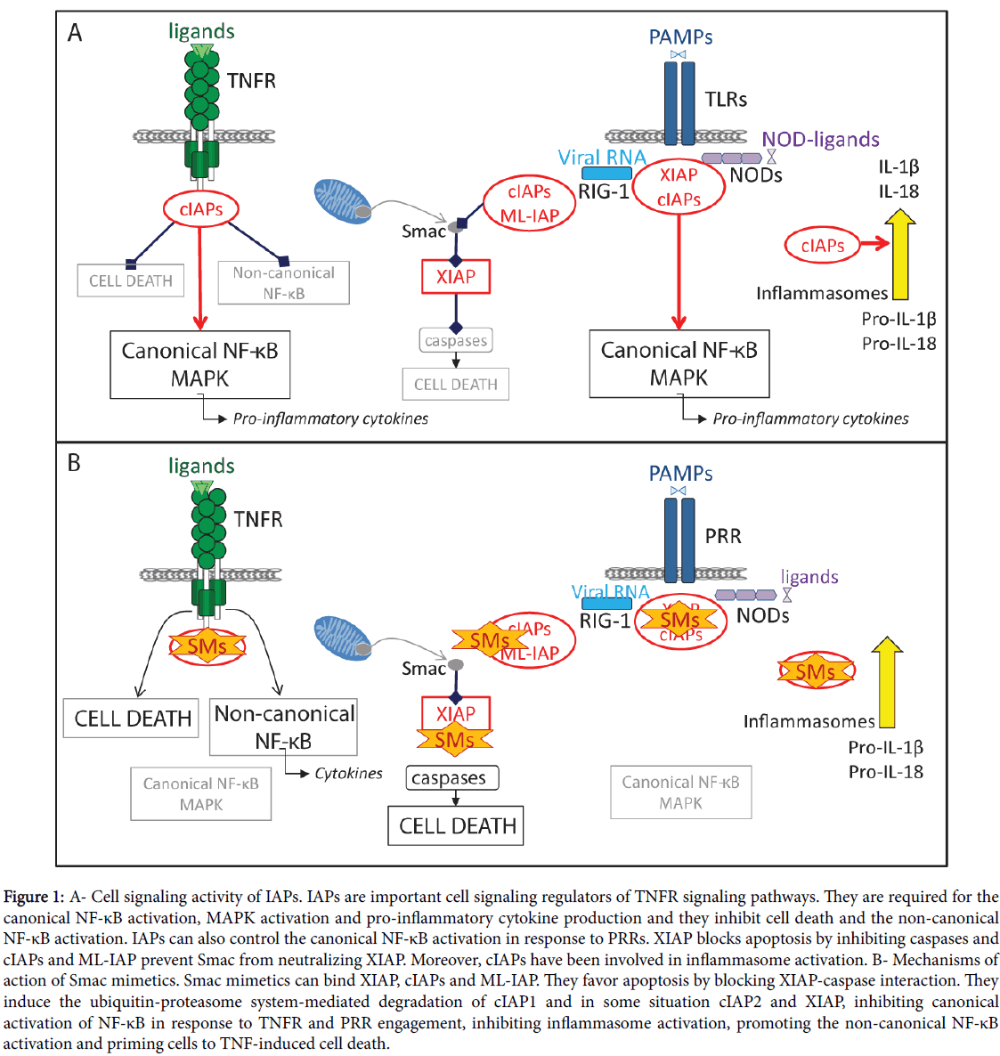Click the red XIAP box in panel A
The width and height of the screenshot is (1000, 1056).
(x=456, y=277)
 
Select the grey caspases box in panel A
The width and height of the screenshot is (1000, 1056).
(x=456, y=340)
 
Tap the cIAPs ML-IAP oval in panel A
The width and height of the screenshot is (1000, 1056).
(x=530, y=204)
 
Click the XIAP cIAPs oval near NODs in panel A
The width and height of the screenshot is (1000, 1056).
(x=679, y=187)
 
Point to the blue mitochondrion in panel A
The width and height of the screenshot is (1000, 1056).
(x=342, y=200)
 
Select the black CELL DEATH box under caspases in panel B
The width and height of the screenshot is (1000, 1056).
(x=456, y=825)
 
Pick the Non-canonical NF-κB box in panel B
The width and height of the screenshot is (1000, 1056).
(x=283, y=727)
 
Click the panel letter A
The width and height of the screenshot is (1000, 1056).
(x=75, y=34)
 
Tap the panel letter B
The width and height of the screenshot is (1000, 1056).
(x=74, y=463)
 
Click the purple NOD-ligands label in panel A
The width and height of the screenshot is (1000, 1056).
(x=820, y=139)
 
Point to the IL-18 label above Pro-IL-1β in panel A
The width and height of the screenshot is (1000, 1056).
(x=898, y=191)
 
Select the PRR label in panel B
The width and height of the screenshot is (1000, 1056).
(x=723, y=536)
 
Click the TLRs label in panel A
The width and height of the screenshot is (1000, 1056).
(x=726, y=99)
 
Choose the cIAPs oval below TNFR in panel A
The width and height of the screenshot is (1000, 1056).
(x=201, y=209)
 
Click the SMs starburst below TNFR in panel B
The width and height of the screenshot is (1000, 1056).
(x=207, y=646)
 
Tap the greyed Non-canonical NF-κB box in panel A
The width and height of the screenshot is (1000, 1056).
(x=283, y=282)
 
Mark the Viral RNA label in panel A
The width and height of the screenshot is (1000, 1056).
(x=602, y=157)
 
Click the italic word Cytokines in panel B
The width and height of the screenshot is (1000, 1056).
(x=348, y=773)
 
